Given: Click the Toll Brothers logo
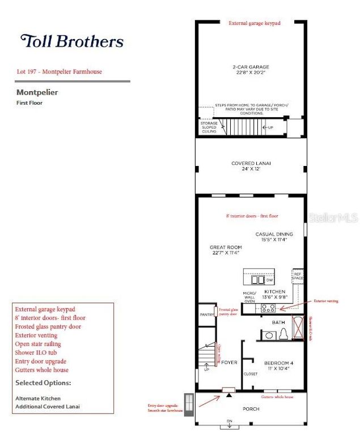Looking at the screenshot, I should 72,41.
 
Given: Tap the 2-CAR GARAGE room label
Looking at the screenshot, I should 250,70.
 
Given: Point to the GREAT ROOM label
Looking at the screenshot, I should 226,250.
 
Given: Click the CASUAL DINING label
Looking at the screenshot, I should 274,236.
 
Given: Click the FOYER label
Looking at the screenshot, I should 229,362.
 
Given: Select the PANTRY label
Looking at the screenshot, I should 206,315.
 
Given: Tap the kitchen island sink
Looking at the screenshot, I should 257,280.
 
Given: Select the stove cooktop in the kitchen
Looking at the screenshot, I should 268,309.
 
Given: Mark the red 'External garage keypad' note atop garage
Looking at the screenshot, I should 254,24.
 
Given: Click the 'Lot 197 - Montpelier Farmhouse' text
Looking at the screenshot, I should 60,72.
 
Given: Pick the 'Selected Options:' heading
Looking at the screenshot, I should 43,383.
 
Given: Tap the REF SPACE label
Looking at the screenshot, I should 298,277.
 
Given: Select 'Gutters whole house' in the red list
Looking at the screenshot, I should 42,370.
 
